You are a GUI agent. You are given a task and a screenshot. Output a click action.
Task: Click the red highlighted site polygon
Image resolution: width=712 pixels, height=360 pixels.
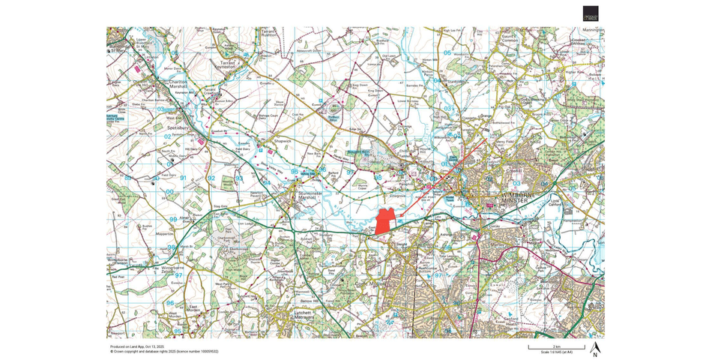tap(384, 220)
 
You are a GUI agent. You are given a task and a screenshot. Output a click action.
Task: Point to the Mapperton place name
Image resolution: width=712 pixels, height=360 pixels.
tap(165, 234)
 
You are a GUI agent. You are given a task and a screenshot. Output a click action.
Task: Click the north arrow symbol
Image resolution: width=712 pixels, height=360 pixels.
tap(595, 348)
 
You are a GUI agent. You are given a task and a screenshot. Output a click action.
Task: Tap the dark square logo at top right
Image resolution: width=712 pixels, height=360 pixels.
tap(591, 13)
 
